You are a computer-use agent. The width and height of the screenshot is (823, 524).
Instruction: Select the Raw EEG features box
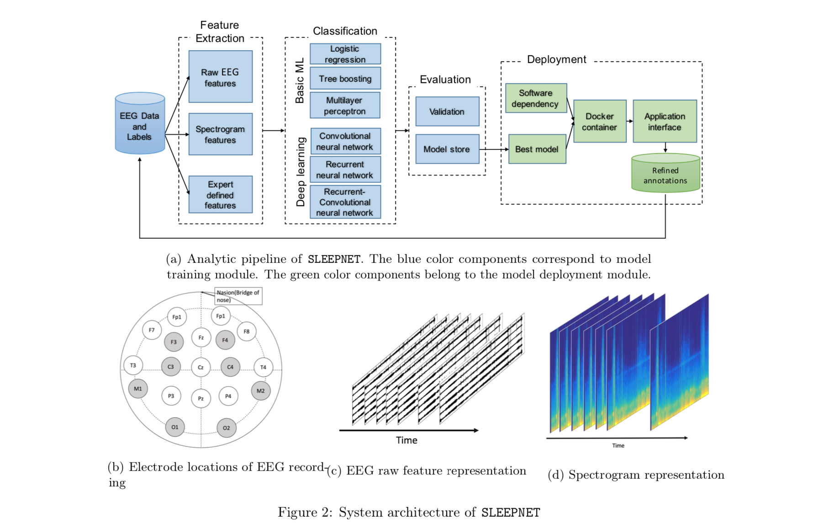(x=220, y=77)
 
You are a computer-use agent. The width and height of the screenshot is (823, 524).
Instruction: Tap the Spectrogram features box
(x=220, y=134)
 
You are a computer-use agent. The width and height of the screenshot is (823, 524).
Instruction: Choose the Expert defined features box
(x=220, y=194)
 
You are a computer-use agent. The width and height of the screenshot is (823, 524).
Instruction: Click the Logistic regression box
(x=345, y=54)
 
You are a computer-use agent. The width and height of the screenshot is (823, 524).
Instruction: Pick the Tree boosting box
(x=345, y=79)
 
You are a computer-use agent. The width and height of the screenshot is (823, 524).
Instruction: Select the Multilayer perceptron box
(x=345, y=106)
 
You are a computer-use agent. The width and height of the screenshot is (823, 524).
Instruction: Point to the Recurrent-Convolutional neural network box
(x=345, y=202)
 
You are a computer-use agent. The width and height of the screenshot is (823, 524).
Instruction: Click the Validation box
(x=447, y=112)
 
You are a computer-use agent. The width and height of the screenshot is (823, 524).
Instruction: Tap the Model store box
(x=447, y=149)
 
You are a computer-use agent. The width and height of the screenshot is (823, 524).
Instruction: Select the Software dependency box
(x=535, y=98)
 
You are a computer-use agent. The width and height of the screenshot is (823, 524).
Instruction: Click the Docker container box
(x=599, y=122)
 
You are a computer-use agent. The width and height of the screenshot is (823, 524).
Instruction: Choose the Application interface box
(x=665, y=122)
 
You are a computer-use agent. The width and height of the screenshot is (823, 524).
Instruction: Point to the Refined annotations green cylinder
(x=665, y=174)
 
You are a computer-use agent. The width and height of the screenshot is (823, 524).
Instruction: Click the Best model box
(x=537, y=149)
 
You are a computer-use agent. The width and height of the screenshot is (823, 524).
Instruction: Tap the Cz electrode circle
(x=200, y=367)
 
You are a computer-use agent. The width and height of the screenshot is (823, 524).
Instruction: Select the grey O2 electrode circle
(x=226, y=428)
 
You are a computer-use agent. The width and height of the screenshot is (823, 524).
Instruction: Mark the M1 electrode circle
(x=138, y=389)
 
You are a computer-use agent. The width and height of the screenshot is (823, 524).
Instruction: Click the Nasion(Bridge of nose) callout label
(x=238, y=296)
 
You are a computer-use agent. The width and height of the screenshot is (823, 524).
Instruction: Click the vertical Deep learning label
(x=300, y=171)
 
